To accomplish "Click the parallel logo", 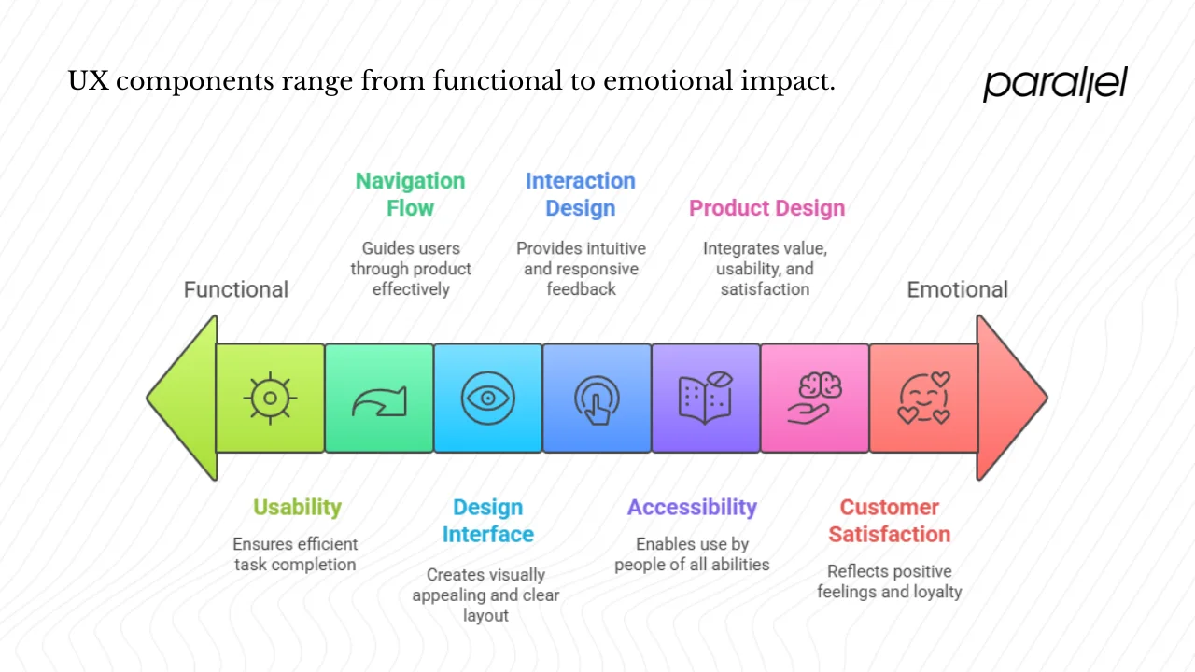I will tap(1055, 83).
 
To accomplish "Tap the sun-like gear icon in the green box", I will tap(270, 399).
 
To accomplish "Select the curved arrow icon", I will tap(379, 400).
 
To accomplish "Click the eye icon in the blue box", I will tap(487, 399).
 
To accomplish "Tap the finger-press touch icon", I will tap(597, 399).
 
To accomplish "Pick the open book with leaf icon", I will tap(706, 399).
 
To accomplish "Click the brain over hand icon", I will tap(814, 399).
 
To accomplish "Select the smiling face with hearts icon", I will tap(923, 399).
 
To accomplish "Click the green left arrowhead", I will tap(183, 399).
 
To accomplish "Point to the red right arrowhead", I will tap(1010, 399).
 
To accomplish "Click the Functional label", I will tap(236, 289).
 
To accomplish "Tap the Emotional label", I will tap(957, 289).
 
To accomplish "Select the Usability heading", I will tap(297, 507).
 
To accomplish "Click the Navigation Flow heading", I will tap(410, 194).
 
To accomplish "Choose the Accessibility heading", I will tap(692, 507).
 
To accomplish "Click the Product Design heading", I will tap(766, 208).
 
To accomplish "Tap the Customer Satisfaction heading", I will tap(889, 521).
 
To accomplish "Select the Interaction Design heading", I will tap(580, 194).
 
